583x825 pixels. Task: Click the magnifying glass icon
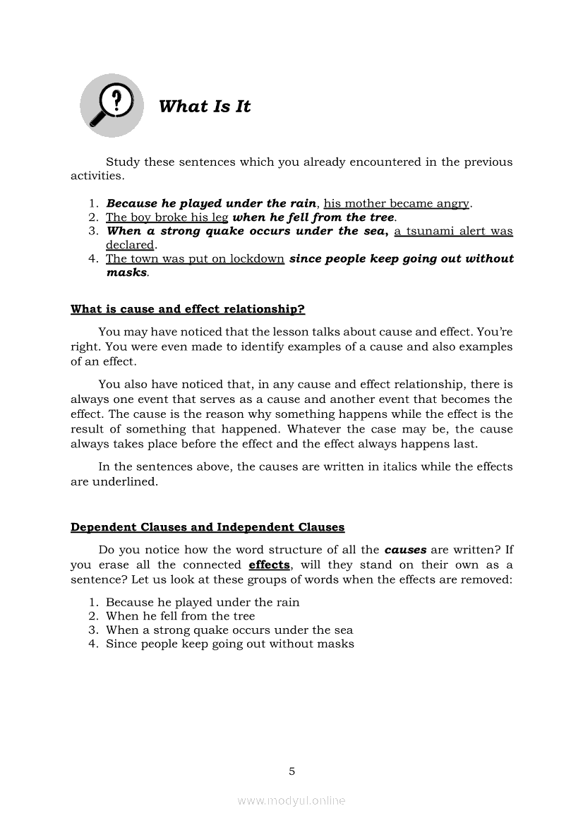coord(112,105)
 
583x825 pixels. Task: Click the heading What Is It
coord(205,107)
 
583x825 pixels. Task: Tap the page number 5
coord(291,771)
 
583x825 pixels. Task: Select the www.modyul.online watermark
coord(291,801)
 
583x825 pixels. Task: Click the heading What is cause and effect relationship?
coord(188,309)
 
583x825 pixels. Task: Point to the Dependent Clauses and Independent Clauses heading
coord(208,527)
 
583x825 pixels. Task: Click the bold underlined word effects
coord(269,565)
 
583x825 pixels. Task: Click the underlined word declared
coord(129,245)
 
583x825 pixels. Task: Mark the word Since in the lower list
coord(121,644)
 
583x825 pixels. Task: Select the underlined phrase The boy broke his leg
coord(167,217)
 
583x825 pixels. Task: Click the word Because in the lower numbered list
coord(128,603)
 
